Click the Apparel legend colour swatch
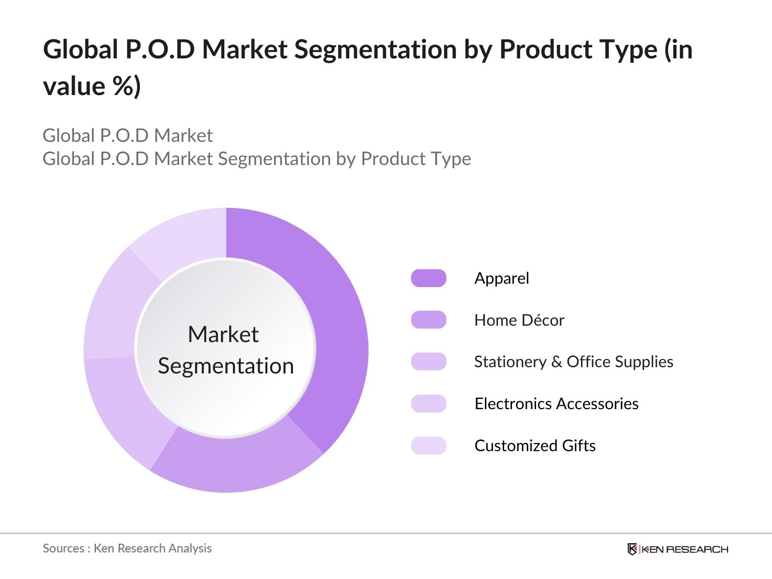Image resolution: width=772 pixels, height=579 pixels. pos(428,278)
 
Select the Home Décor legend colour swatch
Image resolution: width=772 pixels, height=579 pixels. pos(428,320)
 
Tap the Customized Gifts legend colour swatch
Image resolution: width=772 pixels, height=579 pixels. pos(428,445)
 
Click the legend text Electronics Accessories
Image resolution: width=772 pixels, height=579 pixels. pos(556,403)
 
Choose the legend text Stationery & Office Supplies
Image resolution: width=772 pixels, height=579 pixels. pos(573,362)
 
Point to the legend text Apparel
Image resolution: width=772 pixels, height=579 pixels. pos(501,278)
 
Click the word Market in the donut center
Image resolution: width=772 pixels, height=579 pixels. pos(223,334)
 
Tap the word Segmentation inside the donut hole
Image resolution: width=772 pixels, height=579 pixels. pos(226,366)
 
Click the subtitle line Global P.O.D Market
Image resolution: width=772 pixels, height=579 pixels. pos(127,136)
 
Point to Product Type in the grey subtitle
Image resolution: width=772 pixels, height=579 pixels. pos(415,159)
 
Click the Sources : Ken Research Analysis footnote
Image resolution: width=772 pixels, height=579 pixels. pos(127,548)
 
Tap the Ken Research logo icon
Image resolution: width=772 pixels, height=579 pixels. pos(632,549)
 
